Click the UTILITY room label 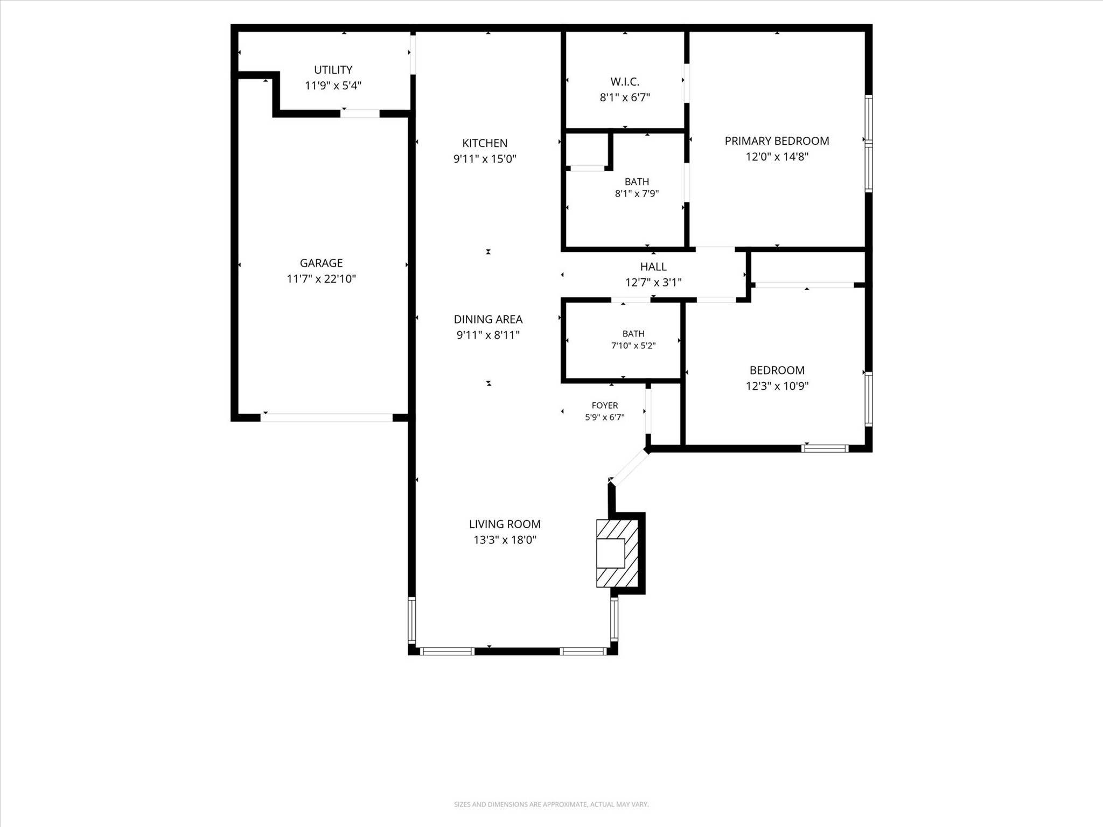[333, 70]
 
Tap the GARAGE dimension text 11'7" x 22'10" [322, 279]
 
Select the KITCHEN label [485, 143]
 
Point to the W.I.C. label [625, 82]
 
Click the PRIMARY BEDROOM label [777, 141]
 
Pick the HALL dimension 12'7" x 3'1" [653, 283]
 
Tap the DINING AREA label [488, 319]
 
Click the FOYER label [605, 405]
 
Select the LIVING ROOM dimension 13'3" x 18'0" [505, 540]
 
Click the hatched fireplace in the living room [617, 553]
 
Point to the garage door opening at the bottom [327, 417]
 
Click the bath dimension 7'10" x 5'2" [633, 346]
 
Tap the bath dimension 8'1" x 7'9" [637, 194]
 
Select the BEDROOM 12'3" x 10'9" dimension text [777, 386]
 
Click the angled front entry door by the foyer [629, 467]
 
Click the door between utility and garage [360, 114]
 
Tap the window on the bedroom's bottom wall [825, 448]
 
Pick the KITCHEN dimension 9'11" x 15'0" [485, 159]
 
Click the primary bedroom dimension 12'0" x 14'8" [777, 157]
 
